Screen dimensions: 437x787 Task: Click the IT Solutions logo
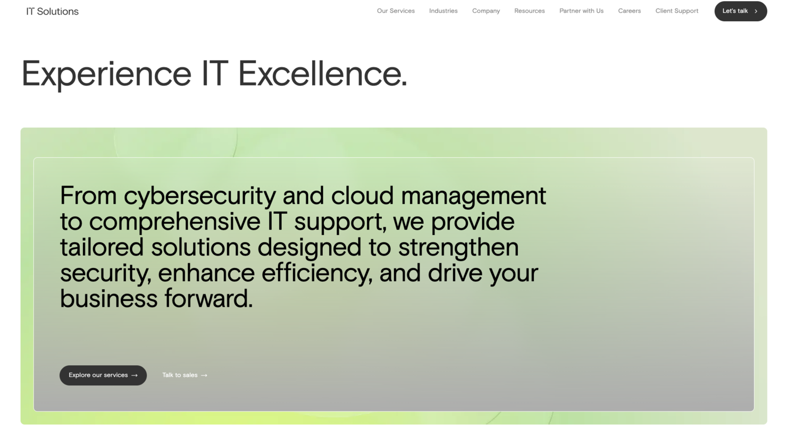(52, 11)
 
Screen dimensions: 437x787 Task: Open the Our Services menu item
(396, 11)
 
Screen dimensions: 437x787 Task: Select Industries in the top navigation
(443, 11)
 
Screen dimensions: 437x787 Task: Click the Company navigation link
(485, 11)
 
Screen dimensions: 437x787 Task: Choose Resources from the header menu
(529, 11)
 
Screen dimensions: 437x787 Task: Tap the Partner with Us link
(581, 11)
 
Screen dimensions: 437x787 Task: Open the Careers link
(629, 11)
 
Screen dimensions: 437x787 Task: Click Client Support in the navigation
(676, 11)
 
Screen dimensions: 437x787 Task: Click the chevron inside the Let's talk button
(756, 11)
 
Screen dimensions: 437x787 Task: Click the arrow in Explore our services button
(135, 375)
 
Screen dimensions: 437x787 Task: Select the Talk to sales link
(180, 375)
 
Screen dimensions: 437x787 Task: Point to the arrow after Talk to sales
(204, 375)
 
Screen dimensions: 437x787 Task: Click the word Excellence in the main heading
(322, 73)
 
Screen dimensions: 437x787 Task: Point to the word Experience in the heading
(106, 73)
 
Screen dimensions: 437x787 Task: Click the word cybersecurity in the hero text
(200, 196)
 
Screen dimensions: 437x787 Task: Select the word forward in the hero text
(208, 298)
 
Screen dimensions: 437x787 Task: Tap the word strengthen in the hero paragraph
(458, 247)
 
